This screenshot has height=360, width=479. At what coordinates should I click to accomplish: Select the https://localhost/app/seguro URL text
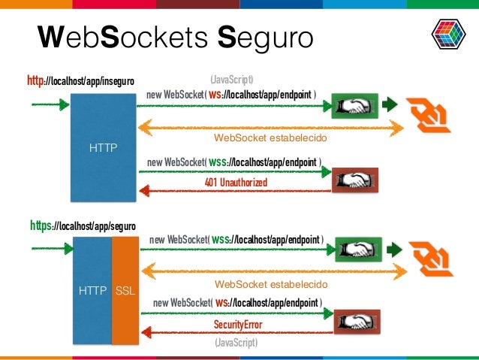83,224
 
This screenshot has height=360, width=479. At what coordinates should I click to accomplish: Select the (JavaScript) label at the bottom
234,342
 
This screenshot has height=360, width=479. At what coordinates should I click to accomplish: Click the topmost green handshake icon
354,106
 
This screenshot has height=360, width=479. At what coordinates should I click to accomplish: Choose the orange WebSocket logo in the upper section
429,112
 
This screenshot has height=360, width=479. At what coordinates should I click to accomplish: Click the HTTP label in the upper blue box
103,147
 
